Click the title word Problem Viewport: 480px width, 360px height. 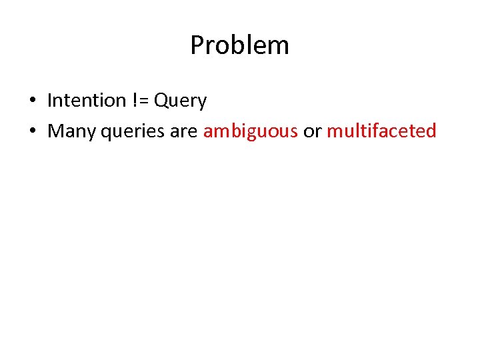(x=239, y=45)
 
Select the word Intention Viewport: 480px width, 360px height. (x=87, y=101)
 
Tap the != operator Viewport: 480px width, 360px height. (x=140, y=101)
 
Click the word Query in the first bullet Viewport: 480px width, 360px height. (x=181, y=101)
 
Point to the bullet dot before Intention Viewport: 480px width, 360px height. (x=32, y=101)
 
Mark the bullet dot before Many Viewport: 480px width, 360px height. (x=32, y=131)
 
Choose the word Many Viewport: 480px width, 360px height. (x=72, y=131)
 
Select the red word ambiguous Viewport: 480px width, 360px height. (x=251, y=131)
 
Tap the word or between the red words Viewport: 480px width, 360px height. (x=312, y=131)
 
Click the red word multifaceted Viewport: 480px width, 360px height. (x=381, y=131)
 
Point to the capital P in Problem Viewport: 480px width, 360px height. (x=197, y=45)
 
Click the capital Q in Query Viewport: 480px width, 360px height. (x=162, y=101)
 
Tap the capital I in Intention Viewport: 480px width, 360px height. (x=50, y=101)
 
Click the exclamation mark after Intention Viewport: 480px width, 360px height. (x=135, y=101)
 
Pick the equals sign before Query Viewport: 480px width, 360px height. (x=144, y=101)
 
